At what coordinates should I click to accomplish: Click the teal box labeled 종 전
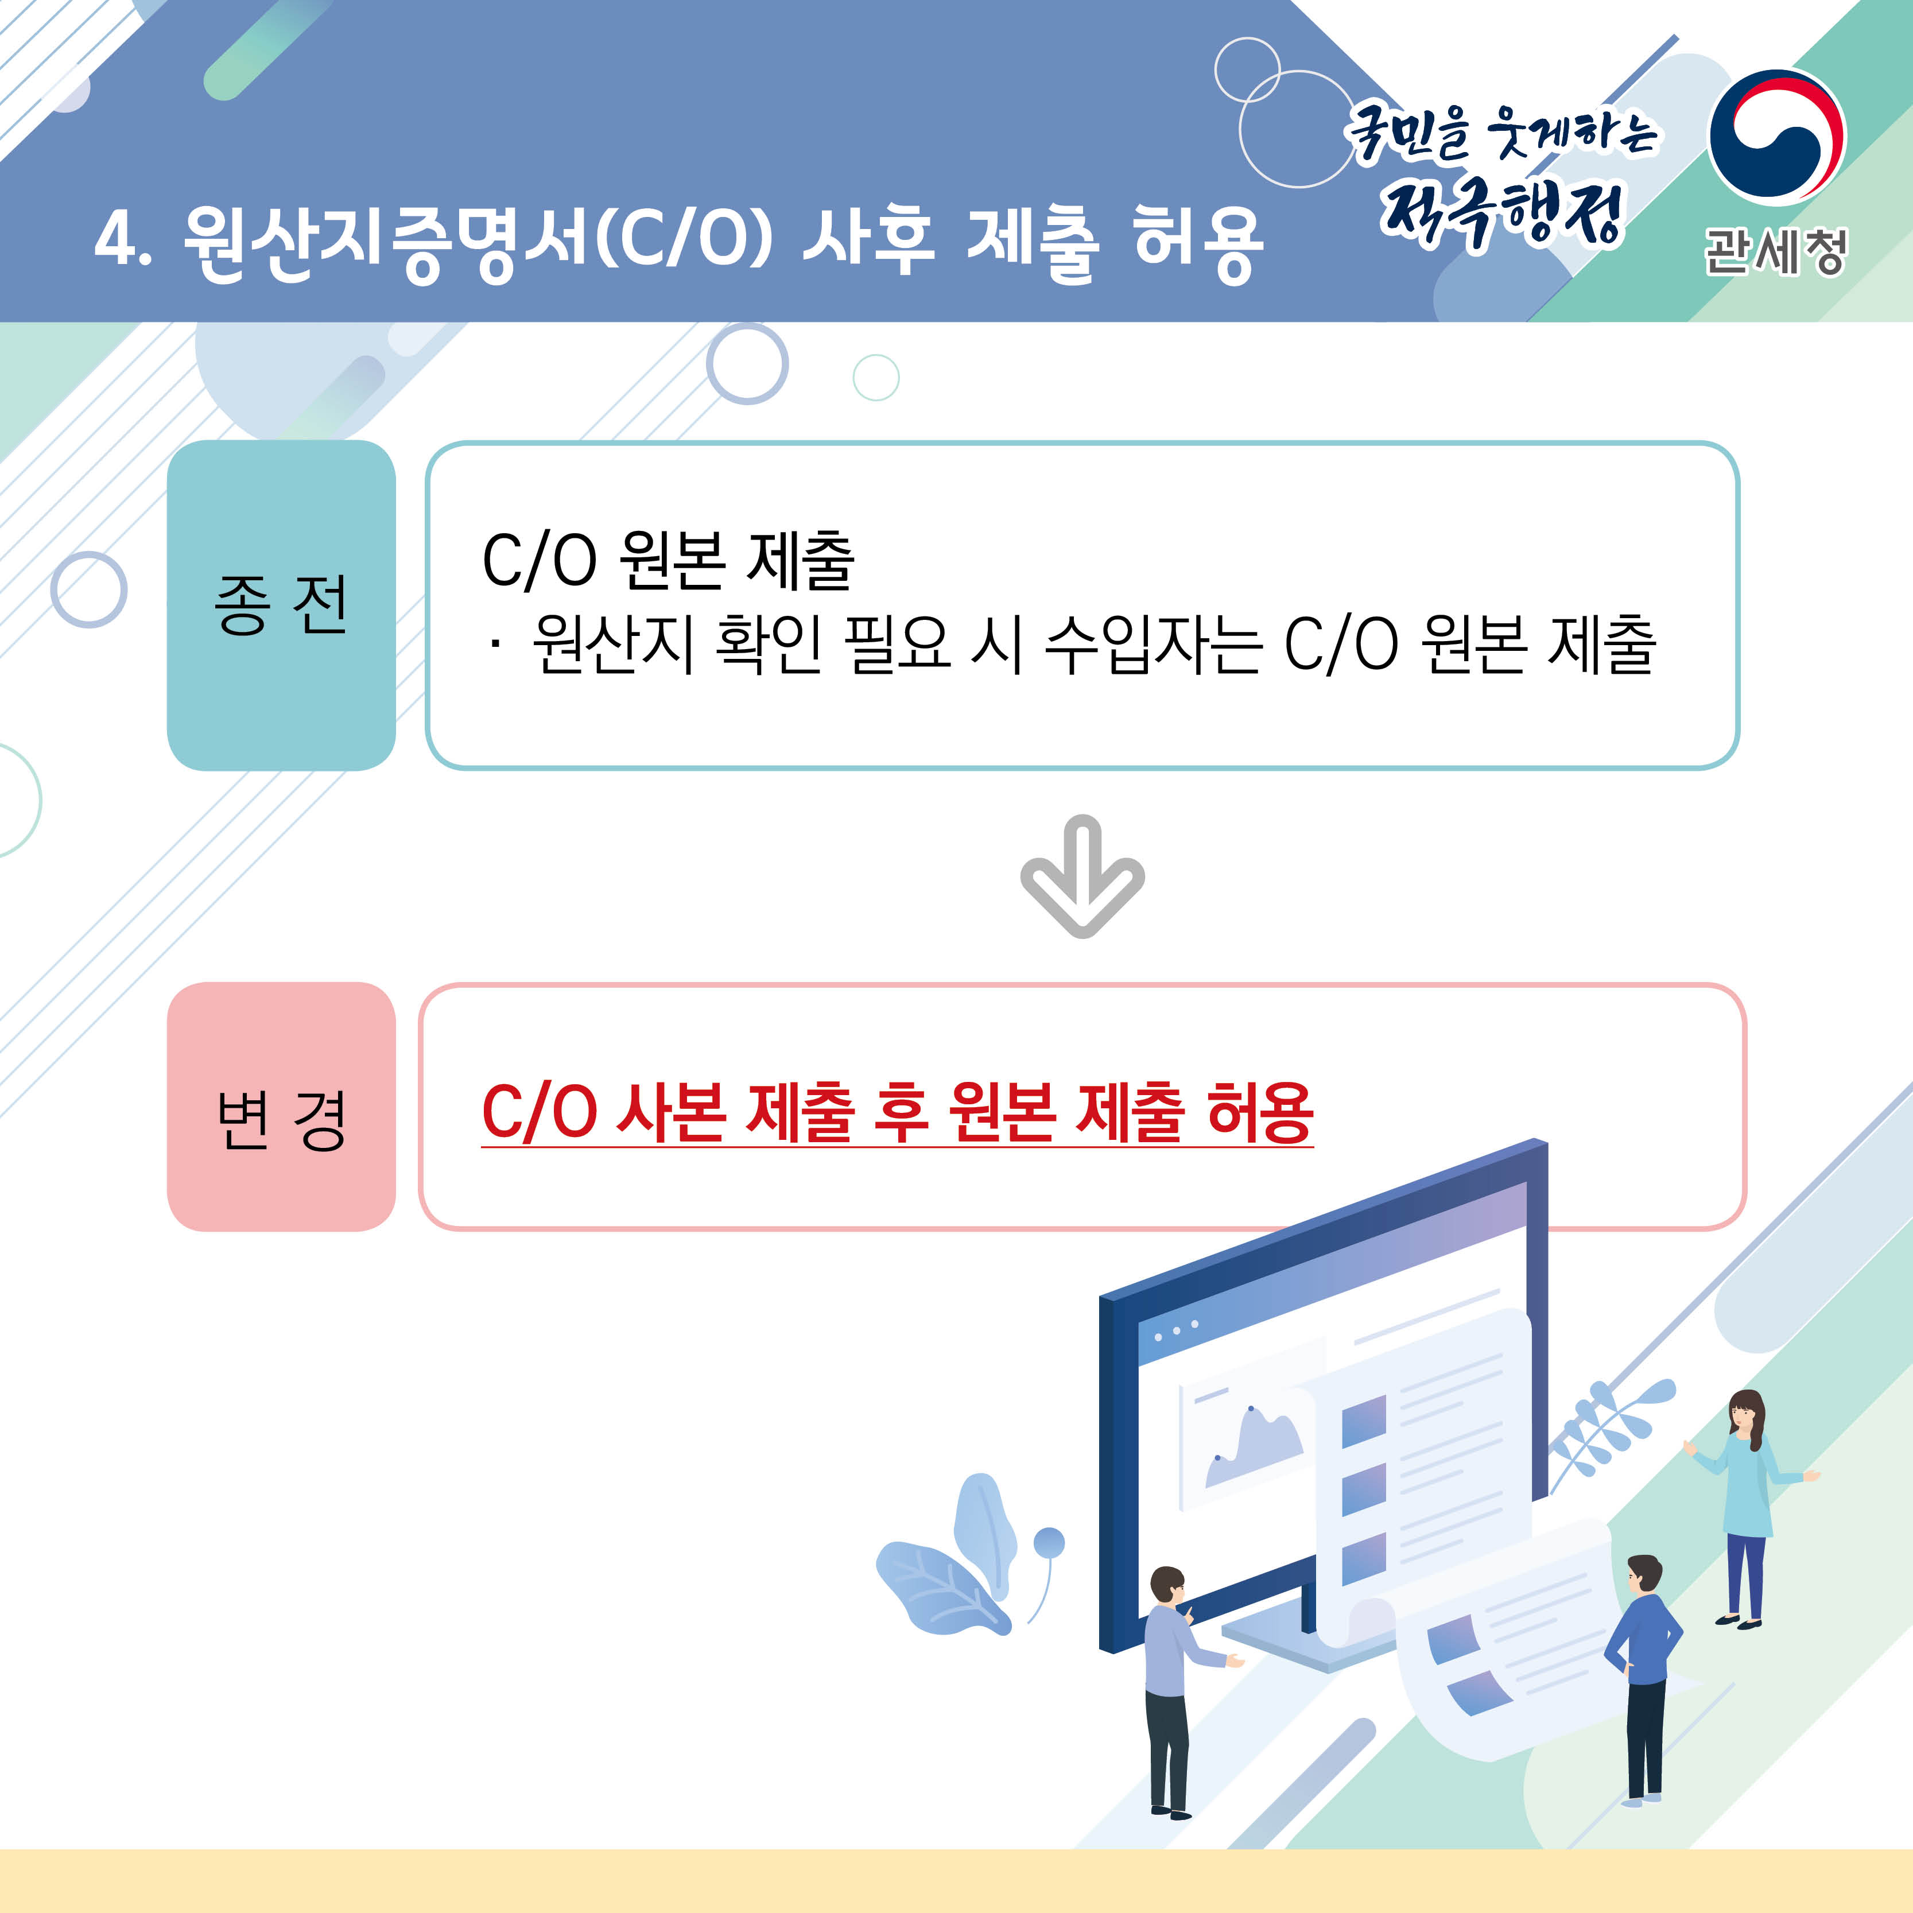(x=281, y=605)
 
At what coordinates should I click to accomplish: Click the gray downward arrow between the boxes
(x=1082, y=876)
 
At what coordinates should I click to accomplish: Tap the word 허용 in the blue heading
(x=1197, y=243)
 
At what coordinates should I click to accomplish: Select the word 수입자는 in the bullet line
(x=1154, y=645)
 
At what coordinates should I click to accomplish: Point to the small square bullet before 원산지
(x=494, y=646)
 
